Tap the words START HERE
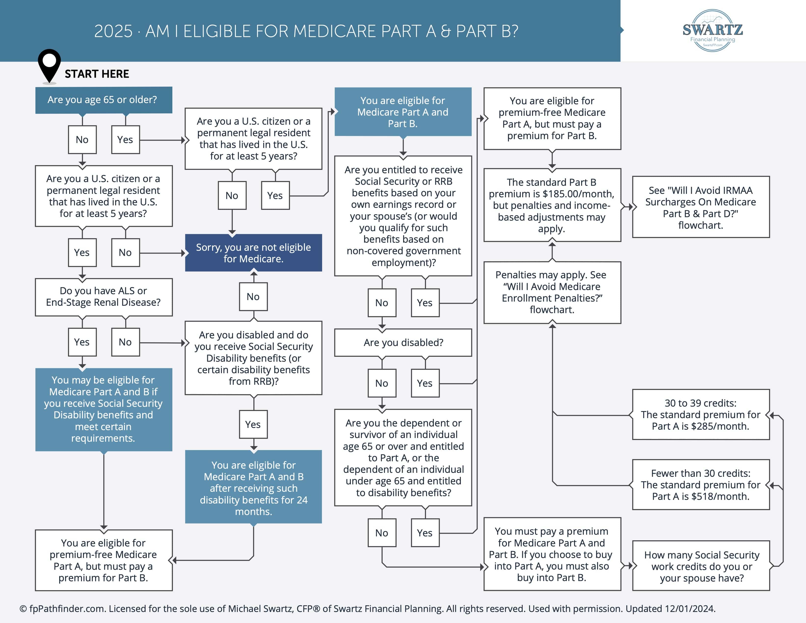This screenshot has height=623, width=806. [97, 74]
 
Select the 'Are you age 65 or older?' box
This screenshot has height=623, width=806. [103, 100]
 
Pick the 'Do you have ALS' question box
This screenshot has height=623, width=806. [103, 297]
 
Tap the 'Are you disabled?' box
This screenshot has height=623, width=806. [403, 343]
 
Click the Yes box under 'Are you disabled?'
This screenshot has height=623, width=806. [425, 383]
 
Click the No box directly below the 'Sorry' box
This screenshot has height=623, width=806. [253, 297]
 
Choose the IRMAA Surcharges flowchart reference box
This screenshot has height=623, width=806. [700, 207]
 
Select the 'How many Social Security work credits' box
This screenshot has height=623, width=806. [701, 566]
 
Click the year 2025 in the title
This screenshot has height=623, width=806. [113, 31]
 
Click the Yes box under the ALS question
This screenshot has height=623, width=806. [82, 342]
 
